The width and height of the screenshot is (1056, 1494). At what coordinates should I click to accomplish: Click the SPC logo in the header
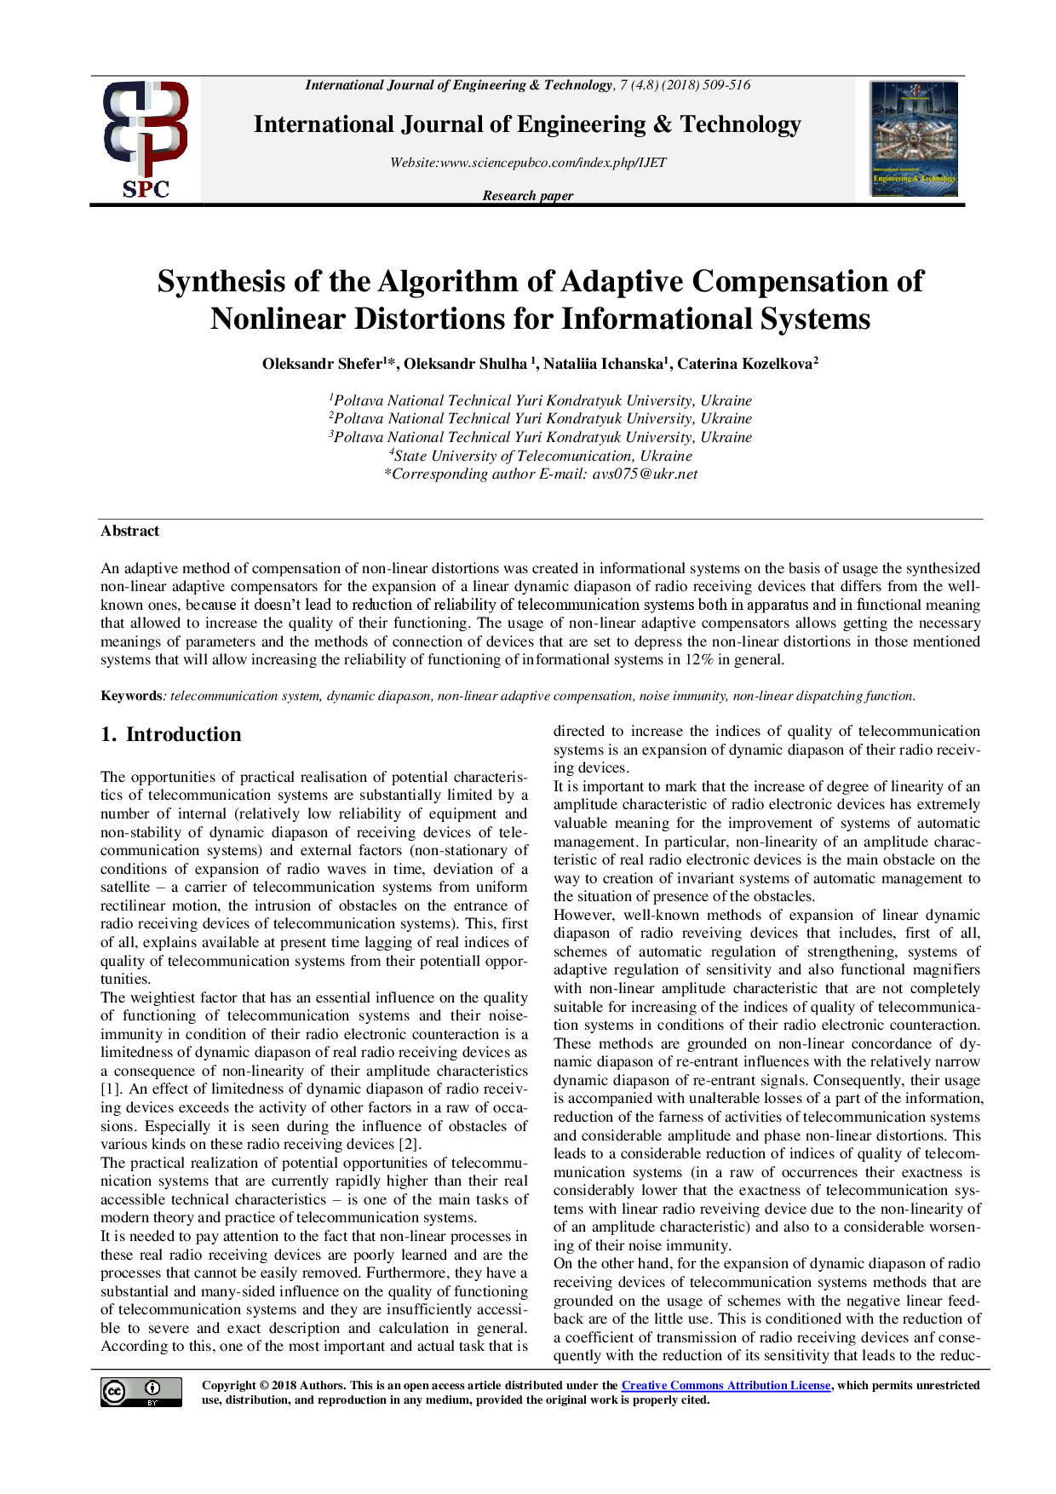pyautogui.click(x=146, y=140)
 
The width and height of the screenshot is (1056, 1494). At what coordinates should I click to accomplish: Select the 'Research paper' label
pyautogui.click(x=527, y=195)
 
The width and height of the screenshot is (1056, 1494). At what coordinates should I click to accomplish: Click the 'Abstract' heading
pyautogui.click(x=129, y=531)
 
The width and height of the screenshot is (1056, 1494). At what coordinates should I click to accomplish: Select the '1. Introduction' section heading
pyautogui.click(x=171, y=734)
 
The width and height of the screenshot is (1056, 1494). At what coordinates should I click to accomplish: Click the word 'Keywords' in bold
pyautogui.click(x=130, y=696)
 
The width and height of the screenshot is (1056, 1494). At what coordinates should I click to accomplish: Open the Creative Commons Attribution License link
pyautogui.click(x=726, y=1386)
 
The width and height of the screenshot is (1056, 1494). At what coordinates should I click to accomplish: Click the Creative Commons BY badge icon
pyautogui.click(x=141, y=1392)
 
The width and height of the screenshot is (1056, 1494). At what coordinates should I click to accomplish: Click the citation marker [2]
pyautogui.click(x=409, y=1145)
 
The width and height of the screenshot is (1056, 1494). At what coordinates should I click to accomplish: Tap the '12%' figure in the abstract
pyautogui.click(x=702, y=659)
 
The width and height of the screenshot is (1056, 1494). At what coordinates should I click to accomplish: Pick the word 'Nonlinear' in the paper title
pyautogui.click(x=277, y=319)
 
